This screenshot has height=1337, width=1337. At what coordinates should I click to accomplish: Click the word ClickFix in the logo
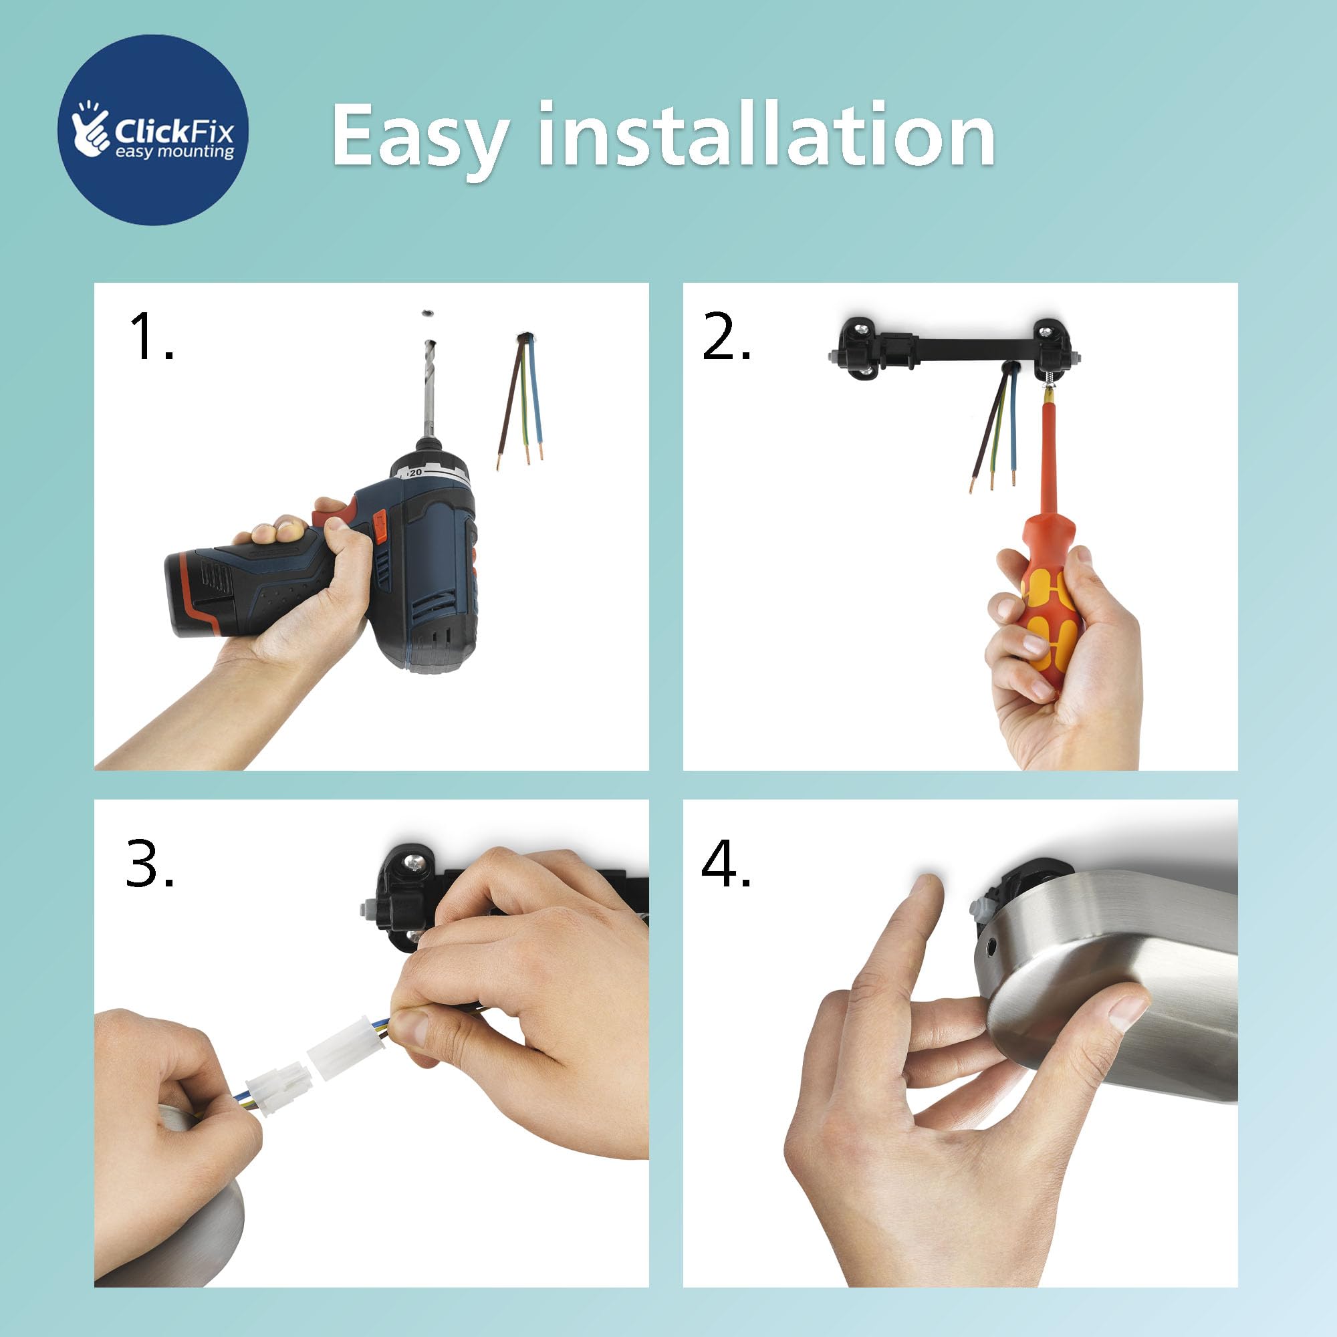(174, 131)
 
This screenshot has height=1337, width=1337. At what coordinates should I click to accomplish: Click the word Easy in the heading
(420, 136)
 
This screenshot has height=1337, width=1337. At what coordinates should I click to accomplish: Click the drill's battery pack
(201, 593)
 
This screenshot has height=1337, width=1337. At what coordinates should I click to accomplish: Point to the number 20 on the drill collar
(415, 472)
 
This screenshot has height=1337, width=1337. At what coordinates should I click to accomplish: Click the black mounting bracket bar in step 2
(954, 350)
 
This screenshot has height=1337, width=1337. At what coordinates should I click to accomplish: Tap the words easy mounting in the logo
(175, 152)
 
